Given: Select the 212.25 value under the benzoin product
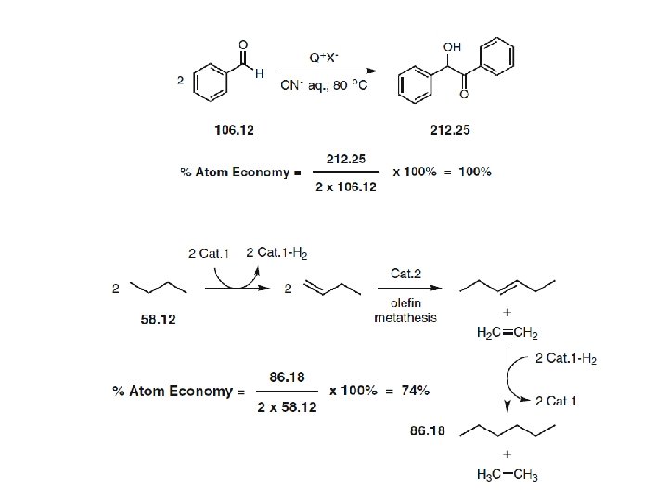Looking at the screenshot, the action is coord(451,129).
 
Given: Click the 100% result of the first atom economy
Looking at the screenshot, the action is coord(474,172).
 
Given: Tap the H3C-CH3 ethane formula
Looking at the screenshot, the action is coord(507,475).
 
